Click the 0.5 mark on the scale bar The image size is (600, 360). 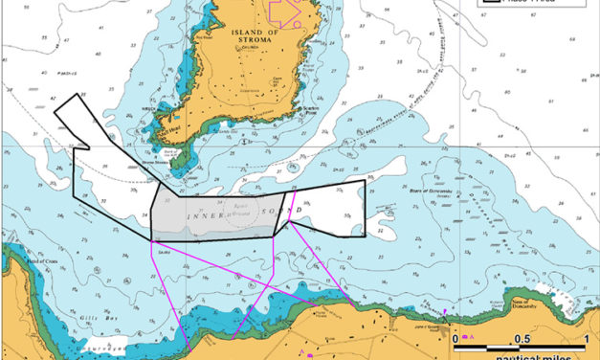click(x=522, y=340)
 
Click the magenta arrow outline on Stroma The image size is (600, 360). click(x=286, y=11)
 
